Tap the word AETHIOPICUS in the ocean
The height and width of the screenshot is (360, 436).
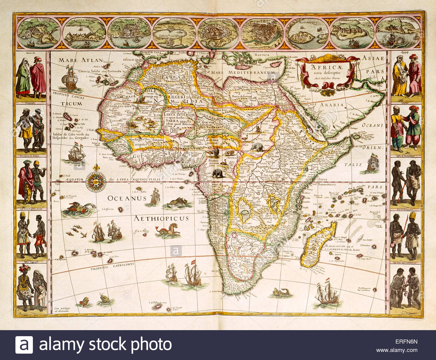pos(161,218)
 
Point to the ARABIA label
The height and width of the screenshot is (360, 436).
pos(333,105)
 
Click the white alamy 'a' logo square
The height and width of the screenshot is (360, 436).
pos(24,345)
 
